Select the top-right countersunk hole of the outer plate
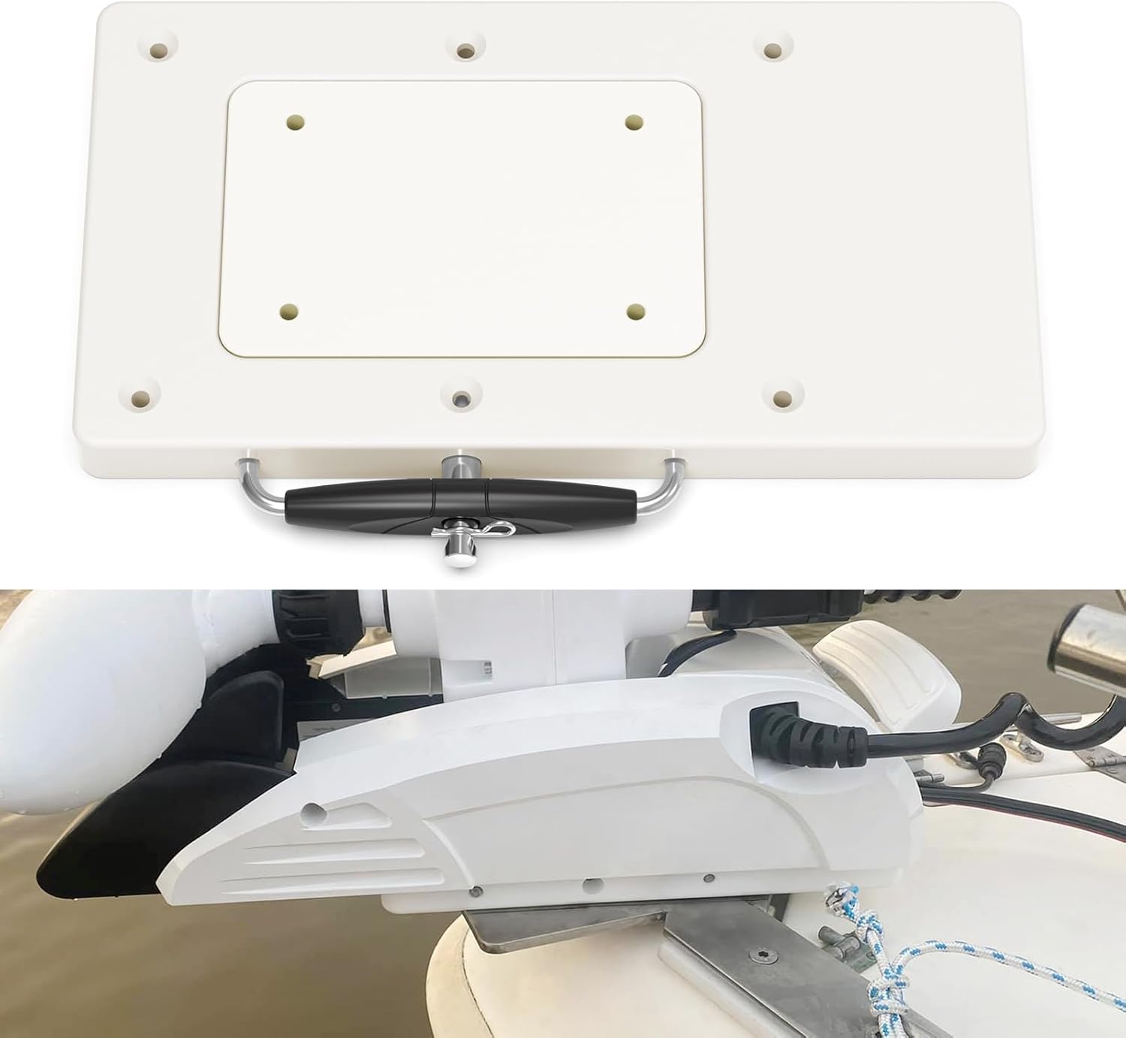[772, 50]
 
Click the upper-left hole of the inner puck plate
[297, 119]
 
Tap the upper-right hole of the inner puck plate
[635, 120]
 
